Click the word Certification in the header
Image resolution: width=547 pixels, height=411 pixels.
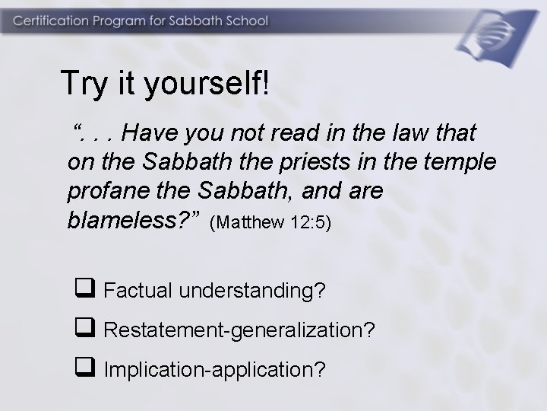pos(49,21)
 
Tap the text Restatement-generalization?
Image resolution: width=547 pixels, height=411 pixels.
pos(238,330)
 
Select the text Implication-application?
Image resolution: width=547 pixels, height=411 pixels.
pos(215,370)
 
